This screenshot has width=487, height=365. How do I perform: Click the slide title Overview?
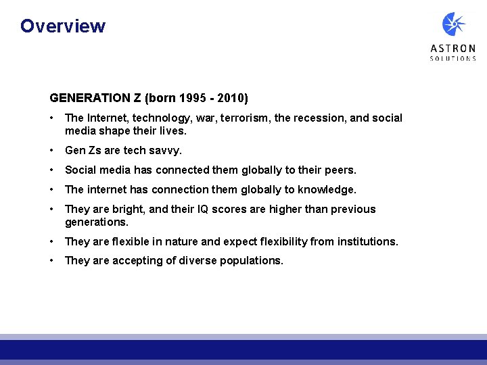coord(63,26)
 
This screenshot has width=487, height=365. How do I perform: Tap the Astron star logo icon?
coord(453,25)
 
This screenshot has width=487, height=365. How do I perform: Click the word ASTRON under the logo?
coord(453,49)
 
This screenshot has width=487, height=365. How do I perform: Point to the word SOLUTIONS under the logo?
coord(453,59)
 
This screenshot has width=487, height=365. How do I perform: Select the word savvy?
coord(168,151)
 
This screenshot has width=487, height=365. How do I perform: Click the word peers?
coord(340,170)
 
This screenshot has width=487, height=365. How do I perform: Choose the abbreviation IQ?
coord(202,210)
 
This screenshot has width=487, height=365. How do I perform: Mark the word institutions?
coord(369,241)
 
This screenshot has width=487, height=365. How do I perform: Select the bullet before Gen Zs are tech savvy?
coord(52,151)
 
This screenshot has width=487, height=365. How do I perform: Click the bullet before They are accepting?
coord(52,261)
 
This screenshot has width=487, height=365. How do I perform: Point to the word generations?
coord(97,222)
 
